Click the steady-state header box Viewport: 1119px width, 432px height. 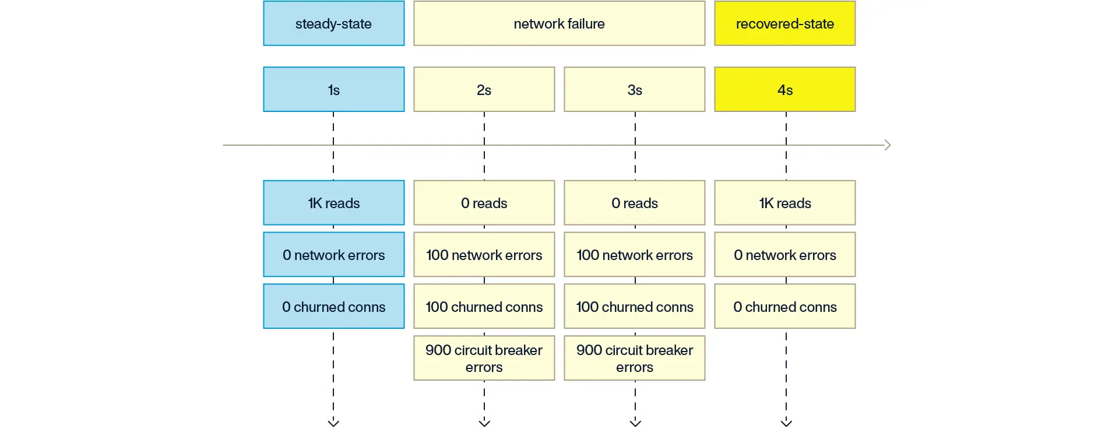(333, 23)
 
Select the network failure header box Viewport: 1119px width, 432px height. (559, 23)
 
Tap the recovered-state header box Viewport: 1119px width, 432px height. (784, 23)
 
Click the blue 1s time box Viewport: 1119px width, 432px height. (333, 90)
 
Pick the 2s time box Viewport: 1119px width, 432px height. (484, 90)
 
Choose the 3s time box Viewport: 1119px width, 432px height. (634, 90)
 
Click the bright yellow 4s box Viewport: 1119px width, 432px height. (784, 90)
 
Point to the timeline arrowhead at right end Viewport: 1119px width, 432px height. (888, 145)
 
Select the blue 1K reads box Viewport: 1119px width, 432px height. (333, 203)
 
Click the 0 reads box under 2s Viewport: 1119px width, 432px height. (484, 203)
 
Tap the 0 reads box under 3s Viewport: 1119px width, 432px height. (634, 203)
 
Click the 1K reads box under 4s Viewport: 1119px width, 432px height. (784, 203)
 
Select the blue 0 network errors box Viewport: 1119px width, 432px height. (333, 255)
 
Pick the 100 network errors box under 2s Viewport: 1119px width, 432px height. (484, 255)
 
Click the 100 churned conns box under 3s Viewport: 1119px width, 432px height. (634, 307)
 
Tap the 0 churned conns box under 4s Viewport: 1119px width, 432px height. (784, 307)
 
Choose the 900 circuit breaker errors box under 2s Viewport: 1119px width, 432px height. (484, 358)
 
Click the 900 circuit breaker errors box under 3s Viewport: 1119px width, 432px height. (634, 358)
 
